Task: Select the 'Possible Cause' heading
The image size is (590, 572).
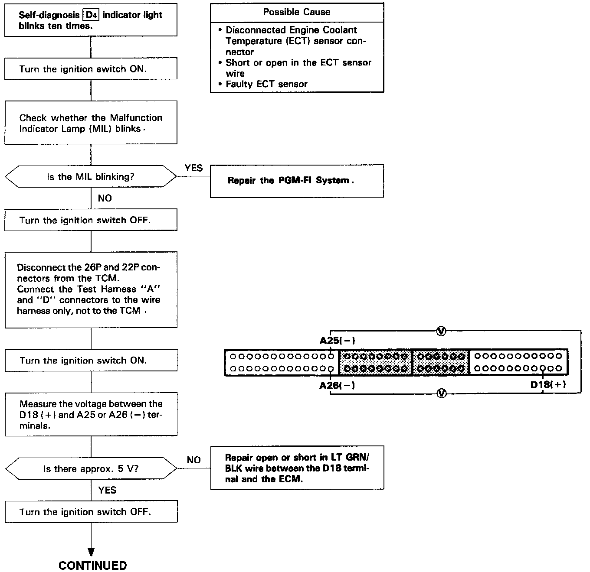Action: pos(296,12)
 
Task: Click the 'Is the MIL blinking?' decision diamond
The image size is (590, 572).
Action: pos(91,176)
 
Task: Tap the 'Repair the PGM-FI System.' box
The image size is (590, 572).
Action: pos(297,181)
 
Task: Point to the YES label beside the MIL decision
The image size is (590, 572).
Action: pos(193,168)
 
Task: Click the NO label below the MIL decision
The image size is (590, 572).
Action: pos(105,198)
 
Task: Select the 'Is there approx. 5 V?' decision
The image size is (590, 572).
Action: pos(91,468)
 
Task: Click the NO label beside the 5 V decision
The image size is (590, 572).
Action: pos(193,460)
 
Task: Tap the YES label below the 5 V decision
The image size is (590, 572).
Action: pos(107,490)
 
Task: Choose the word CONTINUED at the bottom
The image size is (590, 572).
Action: pos(92,565)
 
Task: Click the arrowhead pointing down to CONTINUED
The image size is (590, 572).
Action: pos(91,552)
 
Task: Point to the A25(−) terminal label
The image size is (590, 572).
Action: pos(338,341)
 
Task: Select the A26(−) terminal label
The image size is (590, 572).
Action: pos(337,385)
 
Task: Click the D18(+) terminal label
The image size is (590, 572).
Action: pos(548,385)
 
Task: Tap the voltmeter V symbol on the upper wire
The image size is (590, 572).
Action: pos(441,331)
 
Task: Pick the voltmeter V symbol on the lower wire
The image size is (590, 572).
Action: pos(441,393)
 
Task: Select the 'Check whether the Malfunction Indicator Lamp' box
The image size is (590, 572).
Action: pos(91,123)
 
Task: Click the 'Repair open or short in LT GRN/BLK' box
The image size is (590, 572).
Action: pos(297,468)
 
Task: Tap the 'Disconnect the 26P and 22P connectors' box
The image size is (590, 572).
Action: pos(91,289)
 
